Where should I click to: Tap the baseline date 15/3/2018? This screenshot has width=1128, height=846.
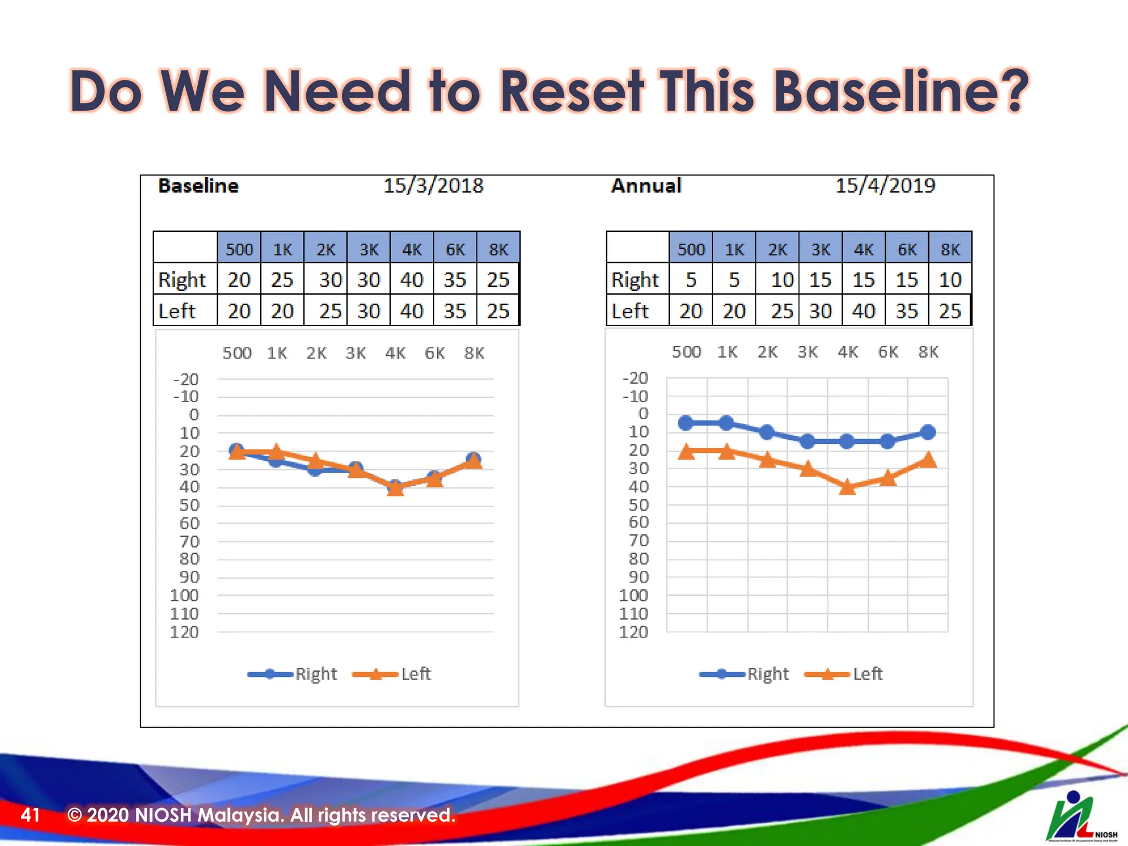click(x=433, y=186)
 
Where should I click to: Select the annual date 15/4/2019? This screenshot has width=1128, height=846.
click(x=885, y=186)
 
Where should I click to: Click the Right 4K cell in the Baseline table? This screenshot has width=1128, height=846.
click(x=411, y=280)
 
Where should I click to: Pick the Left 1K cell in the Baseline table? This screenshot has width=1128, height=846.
click(x=282, y=311)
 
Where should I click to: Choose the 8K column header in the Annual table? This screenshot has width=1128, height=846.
click(x=950, y=250)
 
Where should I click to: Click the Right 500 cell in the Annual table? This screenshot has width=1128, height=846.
click(x=691, y=280)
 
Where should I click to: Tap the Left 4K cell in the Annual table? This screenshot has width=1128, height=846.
click(x=863, y=311)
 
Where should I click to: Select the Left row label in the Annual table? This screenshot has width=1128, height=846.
click(x=630, y=311)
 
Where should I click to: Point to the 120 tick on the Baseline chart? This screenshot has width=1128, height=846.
click(x=185, y=632)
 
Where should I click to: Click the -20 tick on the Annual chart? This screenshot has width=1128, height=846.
click(x=635, y=378)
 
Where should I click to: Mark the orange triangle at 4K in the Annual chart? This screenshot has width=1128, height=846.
click(x=847, y=487)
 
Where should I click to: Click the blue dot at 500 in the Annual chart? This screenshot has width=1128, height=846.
click(x=686, y=423)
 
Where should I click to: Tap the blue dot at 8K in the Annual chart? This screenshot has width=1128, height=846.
click(x=928, y=432)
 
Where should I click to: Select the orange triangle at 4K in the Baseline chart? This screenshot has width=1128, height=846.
click(x=395, y=488)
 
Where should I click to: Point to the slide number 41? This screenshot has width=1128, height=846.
click(x=30, y=815)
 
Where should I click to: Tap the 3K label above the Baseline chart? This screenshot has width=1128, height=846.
click(x=356, y=353)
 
